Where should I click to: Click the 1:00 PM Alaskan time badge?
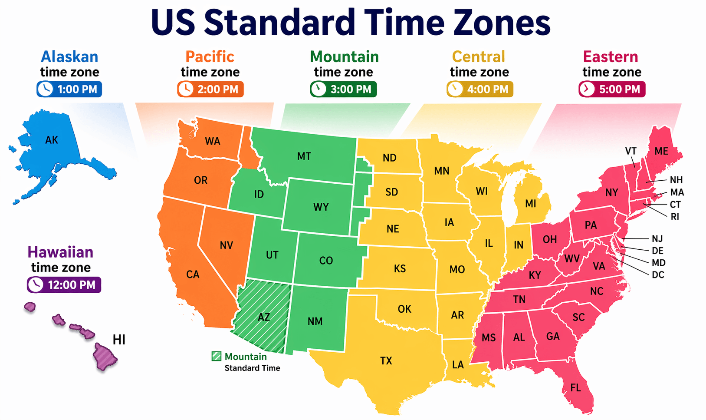coord(69,89)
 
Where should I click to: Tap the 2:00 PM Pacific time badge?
coord(210,89)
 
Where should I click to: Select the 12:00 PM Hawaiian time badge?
coord(64,285)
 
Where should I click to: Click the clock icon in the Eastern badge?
coord(587,89)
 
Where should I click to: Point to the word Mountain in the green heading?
coord(344,56)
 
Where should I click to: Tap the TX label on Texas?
coord(386,360)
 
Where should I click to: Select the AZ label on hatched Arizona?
coord(264,317)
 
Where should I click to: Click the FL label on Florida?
coord(575,388)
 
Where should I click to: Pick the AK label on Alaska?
coord(52,140)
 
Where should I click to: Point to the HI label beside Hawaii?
coord(119,340)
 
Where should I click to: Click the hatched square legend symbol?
coord(217,357)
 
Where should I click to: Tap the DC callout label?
coord(658,274)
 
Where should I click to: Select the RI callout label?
coord(675,216)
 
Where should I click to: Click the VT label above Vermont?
coord(630,151)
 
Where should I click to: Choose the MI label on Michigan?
coord(530,204)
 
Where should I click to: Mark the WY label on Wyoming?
coord(321,207)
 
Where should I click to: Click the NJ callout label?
coord(657,238)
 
